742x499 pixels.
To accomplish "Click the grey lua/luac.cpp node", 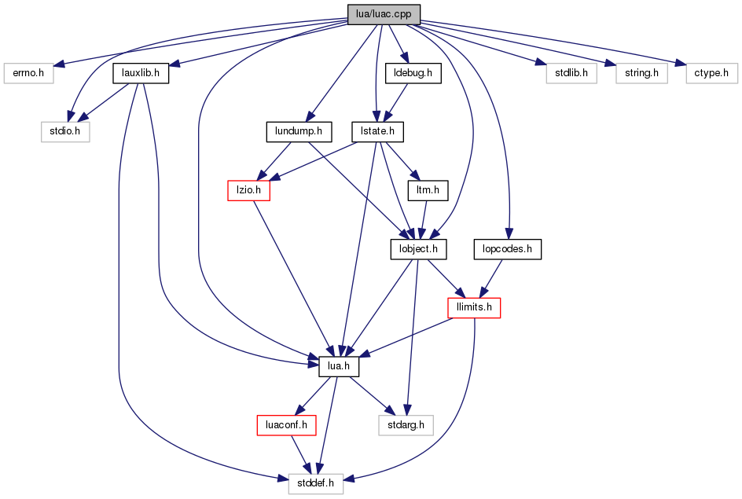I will click(x=384, y=14).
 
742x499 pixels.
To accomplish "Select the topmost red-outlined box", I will click(x=248, y=190).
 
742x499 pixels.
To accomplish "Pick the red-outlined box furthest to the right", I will click(x=474, y=308).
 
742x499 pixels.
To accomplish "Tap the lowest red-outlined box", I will click(x=286, y=425).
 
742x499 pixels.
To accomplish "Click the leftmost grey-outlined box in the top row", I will click(x=28, y=73).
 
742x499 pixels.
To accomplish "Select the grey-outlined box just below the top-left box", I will click(x=65, y=132).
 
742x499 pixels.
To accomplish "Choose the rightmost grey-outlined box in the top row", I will click(x=711, y=73).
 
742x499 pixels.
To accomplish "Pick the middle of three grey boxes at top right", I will click(x=641, y=73).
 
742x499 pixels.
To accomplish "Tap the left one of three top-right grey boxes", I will click(x=571, y=73).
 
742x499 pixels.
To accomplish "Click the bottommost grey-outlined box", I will click(x=315, y=484).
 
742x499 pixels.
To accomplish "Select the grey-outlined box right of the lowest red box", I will click(x=406, y=425).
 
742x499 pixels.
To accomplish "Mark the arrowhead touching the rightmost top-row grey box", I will click(x=680, y=63).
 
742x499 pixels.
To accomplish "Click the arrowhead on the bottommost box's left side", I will click(x=282, y=477).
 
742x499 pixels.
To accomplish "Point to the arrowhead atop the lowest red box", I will click(x=300, y=410).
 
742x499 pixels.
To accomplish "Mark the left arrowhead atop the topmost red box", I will click(x=263, y=174).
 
